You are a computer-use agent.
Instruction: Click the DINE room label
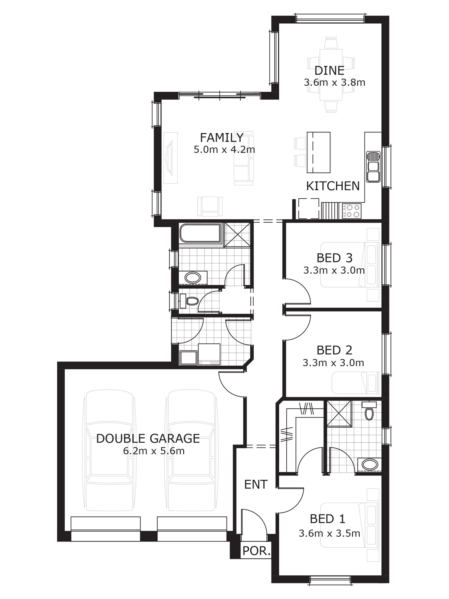pos(329,71)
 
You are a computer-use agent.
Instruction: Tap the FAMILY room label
pos(222,138)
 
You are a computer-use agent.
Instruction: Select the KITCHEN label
pos(333,186)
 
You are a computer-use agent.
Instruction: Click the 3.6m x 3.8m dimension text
pos(335,82)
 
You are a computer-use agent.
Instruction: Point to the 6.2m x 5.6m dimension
pos(154,451)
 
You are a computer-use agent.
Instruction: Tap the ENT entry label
pos(256,484)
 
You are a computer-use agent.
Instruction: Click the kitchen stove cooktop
pos(352,211)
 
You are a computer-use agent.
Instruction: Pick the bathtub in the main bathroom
pos(200,233)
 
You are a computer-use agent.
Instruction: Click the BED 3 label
pos(335,258)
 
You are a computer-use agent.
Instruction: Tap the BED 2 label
pos(335,350)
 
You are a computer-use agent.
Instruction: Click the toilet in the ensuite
pos(369,411)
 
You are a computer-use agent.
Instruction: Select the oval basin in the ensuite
pos(370,465)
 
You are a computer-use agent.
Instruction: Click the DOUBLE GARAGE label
pos(148,439)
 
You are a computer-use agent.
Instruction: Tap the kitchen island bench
pos(318,152)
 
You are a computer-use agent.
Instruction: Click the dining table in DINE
pos(331,75)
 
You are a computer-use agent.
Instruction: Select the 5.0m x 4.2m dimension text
pos(224,149)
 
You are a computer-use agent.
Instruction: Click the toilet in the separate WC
pos(189,301)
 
